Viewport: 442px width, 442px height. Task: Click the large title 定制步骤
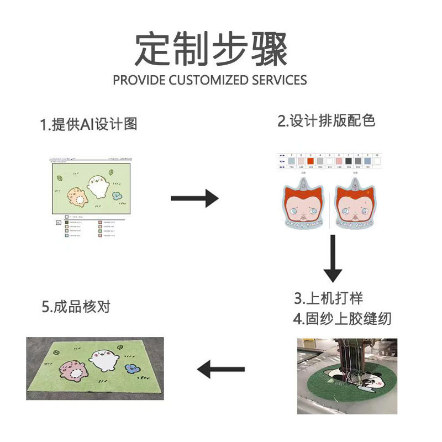pos(212,49)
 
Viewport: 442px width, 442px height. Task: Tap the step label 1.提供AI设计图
pos(88,124)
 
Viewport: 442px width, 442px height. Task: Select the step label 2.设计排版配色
pos(326,121)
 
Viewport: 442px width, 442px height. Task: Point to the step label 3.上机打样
pos(328,298)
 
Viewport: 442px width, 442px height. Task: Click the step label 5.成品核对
pos(76,307)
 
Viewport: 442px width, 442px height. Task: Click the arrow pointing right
pos(194,198)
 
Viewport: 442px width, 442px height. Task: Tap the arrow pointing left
pos(221,369)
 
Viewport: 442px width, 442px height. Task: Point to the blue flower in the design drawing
pos(116,194)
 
